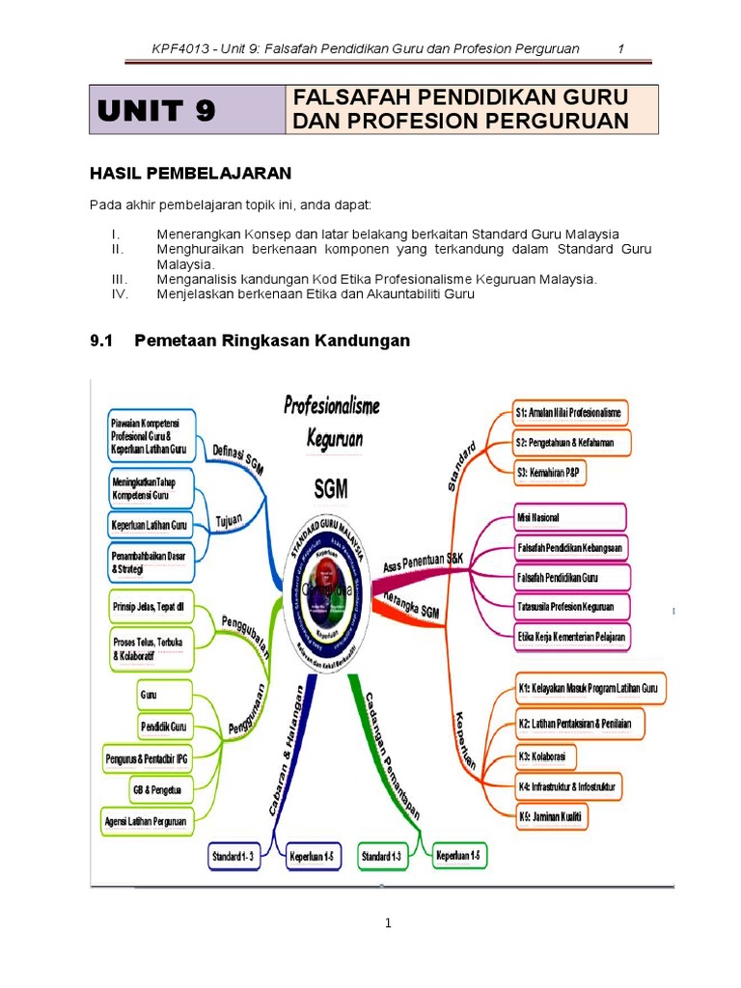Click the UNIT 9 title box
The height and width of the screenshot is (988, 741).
pyautogui.click(x=188, y=110)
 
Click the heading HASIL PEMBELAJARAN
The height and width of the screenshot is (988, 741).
pyautogui.click(x=190, y=173)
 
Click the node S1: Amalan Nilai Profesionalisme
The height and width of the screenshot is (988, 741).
pyautogui.click(x=569, y=413)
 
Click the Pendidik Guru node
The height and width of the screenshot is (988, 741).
pyautogui.click(x=163, y=726)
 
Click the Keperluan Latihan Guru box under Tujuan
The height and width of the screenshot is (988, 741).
pyautogui.click(x=150, y=525)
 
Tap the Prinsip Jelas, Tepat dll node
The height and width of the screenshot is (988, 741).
pyautogui.click(x=149, y=606)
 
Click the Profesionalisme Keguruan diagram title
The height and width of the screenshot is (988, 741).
pyautogui.click(x=332, y=422)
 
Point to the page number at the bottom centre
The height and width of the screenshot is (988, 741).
pyautogui.click(x=387, y=923)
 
